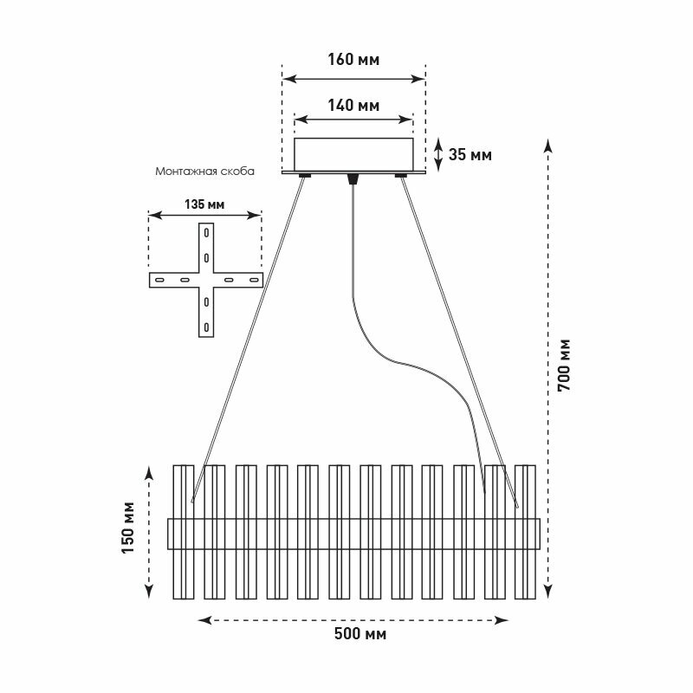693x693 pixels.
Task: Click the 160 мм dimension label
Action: coord(353,61)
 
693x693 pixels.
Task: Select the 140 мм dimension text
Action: coord(353,106)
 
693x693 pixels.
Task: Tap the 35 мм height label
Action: coord(470,155)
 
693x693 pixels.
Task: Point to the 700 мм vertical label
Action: coord(565,364)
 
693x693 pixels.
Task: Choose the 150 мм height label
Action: coord(130,530)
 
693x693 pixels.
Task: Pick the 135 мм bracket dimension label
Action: coord(204,205)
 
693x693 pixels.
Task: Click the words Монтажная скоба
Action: coord(204,172)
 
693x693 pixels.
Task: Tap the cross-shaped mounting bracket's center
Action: coord(206,280)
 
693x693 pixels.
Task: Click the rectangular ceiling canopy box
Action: coord(353,153)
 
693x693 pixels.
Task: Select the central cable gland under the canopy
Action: coord(352,179)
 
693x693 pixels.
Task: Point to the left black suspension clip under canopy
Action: coord(305,177)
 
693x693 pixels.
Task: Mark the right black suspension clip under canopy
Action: coord(401,177)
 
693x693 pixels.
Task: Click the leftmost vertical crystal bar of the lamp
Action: coord(183,533)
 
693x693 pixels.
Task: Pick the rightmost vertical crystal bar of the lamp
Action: coord(525,533)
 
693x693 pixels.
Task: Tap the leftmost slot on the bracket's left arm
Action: coord(159,280)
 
